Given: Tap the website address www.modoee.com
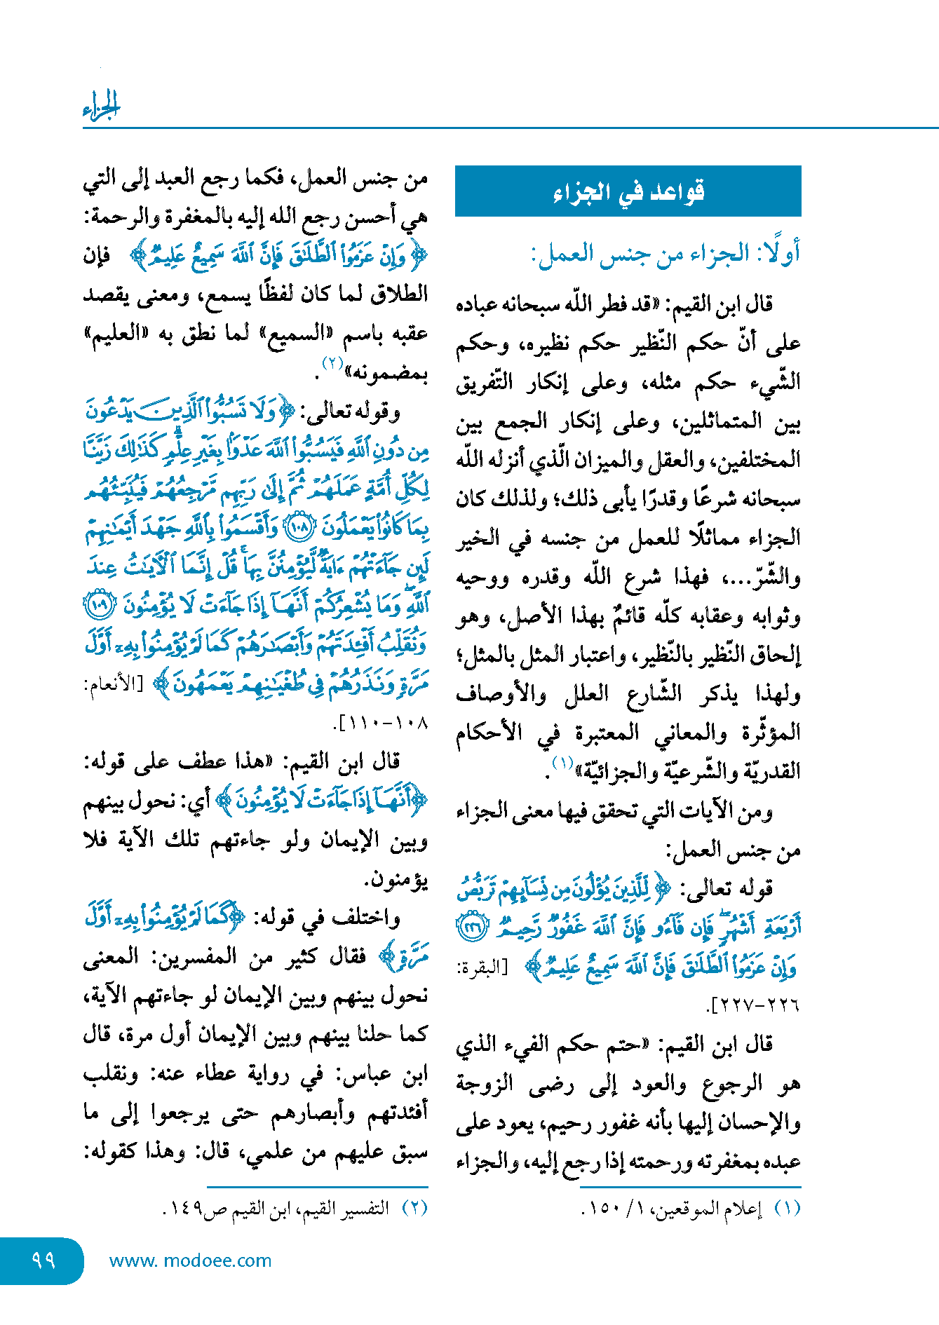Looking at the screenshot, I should pyautogui.click(x=190, y=1261).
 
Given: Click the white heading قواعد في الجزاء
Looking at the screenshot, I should pyautogui.click(x=628, y=191).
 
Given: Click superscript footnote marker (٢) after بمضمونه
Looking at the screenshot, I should pyautogui.click(x=332, y=362).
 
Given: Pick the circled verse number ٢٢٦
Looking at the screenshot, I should pyautogui.click(x=469, y=928).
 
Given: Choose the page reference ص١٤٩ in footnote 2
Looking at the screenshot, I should pyautogui.click(x=193, y=1209).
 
